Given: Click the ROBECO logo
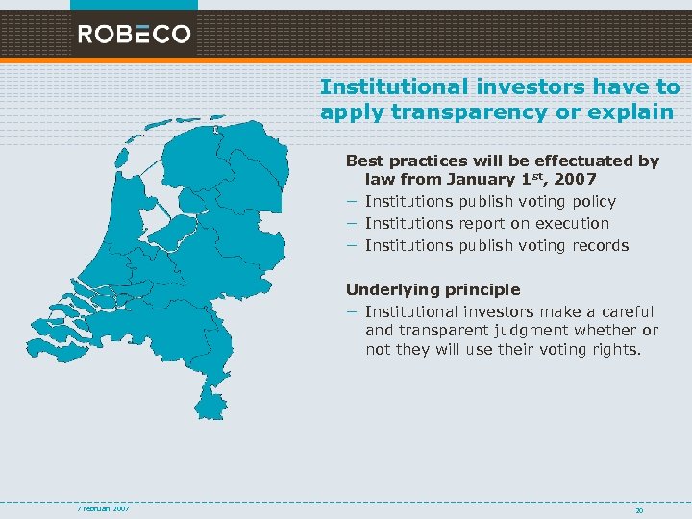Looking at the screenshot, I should [x=135, y=35].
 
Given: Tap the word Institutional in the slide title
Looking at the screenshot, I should [x=385, y=87].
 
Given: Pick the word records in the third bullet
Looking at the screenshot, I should [x=599, y=246].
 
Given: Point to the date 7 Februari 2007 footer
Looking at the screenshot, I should [x=104, y=507].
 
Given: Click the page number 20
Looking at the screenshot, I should [x=639, y=510].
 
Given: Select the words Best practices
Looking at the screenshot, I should [x=405, y=161].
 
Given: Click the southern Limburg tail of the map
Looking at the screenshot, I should [x=214, y=399].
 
